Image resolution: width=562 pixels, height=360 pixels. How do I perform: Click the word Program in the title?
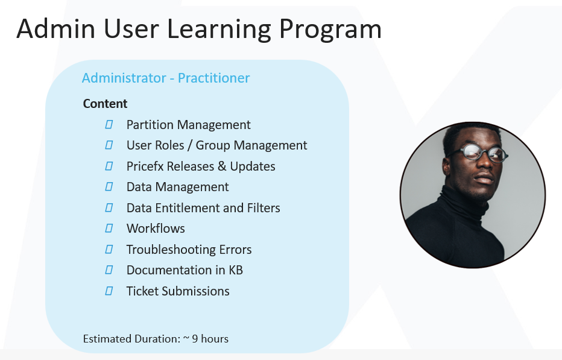[330, 30]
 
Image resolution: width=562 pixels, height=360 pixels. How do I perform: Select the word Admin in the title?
[55, 29]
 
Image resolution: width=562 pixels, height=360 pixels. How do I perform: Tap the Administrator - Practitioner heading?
[166, 78]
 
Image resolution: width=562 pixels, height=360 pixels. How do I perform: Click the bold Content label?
[105, 104]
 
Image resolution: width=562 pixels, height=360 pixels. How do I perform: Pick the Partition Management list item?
[189, 125]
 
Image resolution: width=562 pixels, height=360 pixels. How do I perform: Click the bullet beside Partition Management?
[109, 124]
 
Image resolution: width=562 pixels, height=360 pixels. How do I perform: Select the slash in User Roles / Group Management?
[189, 145]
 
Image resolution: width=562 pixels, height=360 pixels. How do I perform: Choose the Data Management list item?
[177, 187]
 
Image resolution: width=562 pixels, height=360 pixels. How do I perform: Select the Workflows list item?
[156, 229]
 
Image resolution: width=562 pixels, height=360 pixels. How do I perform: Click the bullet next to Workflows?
[109, 228]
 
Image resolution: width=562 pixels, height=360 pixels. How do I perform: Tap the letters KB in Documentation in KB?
[236, 270]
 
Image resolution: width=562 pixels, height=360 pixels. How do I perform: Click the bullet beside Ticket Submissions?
[109, 291]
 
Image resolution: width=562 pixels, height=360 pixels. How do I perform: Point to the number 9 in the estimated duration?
[195, 339]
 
